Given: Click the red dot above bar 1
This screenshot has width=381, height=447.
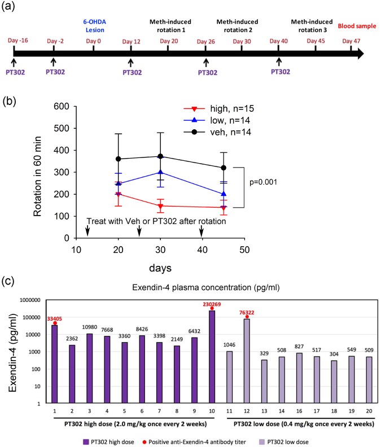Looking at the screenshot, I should (55, 323).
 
